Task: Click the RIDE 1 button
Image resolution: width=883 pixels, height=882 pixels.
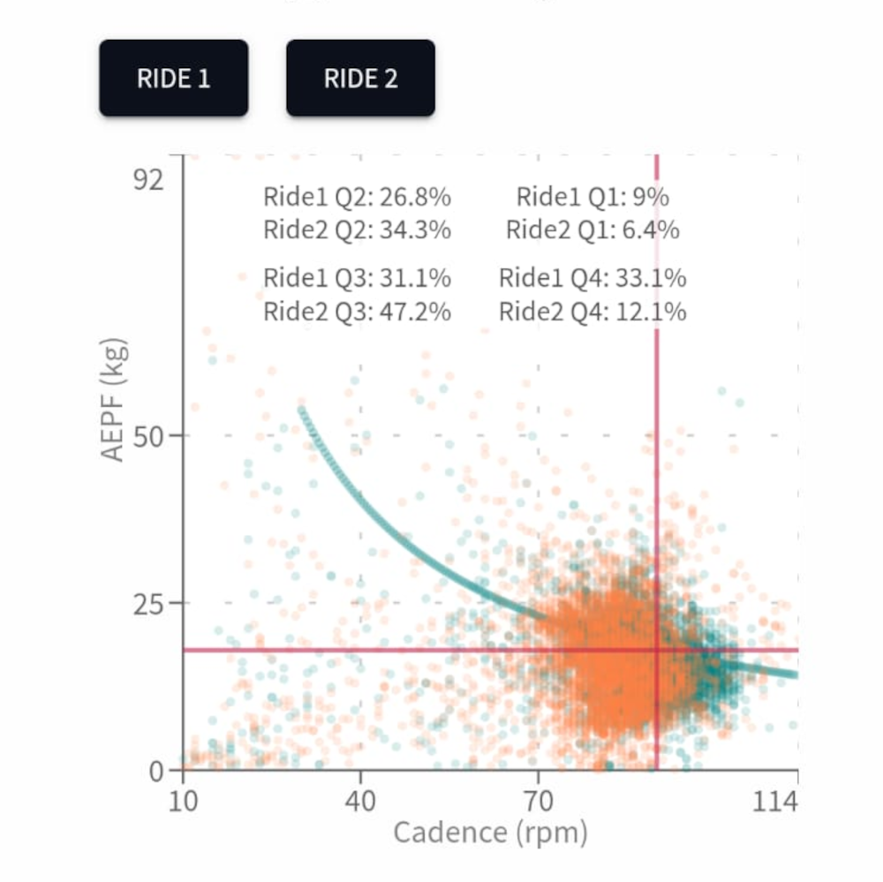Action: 173,79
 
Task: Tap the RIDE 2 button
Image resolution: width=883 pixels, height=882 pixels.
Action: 360,79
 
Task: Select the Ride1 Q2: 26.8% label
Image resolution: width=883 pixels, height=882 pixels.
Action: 357,197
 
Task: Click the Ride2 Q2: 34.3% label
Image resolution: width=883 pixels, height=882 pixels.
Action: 357,230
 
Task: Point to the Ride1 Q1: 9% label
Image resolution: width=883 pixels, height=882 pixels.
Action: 592,197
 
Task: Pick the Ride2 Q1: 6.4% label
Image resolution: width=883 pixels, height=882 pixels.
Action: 592,230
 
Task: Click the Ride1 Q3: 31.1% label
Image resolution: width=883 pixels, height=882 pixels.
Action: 357,278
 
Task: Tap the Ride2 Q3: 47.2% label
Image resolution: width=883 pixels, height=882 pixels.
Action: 357,312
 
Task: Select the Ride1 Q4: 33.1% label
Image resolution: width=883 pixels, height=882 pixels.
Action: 592,278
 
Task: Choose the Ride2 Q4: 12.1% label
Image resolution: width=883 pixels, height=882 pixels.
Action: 592,312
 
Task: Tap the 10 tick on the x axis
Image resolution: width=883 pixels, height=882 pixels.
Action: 183,803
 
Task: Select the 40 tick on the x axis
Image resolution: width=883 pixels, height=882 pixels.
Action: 360,803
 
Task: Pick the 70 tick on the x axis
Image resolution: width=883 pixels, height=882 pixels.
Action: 539,803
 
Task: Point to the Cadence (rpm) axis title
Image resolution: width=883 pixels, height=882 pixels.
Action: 490,833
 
